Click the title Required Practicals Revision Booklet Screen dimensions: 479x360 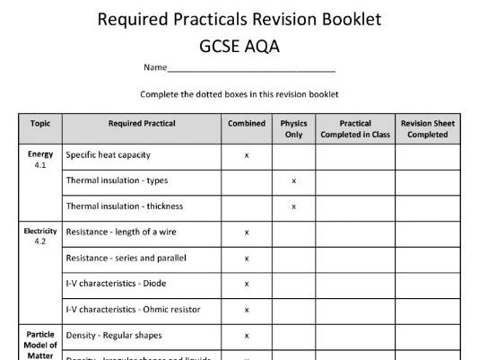coord(239,19)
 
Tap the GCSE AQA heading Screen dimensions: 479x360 coord(239,44)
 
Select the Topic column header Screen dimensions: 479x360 coord(40,123)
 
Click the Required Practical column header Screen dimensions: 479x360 coord(142,123)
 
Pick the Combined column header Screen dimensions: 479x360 coord(247,123)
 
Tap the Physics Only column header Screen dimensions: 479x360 coord(293,128)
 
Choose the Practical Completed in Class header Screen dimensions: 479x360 coord(355,128)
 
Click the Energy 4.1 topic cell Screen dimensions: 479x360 coord(40,160)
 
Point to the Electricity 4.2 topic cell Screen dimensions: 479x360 coord(40,236)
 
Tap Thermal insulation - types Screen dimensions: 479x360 coord(117,180)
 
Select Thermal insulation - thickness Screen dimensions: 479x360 coord(124,206)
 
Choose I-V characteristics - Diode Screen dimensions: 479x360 coord(117,284)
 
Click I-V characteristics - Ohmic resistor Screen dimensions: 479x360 coord(133,310)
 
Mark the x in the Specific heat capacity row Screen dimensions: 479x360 coord(247,155)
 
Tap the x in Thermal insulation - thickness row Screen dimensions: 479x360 coord(293,206)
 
